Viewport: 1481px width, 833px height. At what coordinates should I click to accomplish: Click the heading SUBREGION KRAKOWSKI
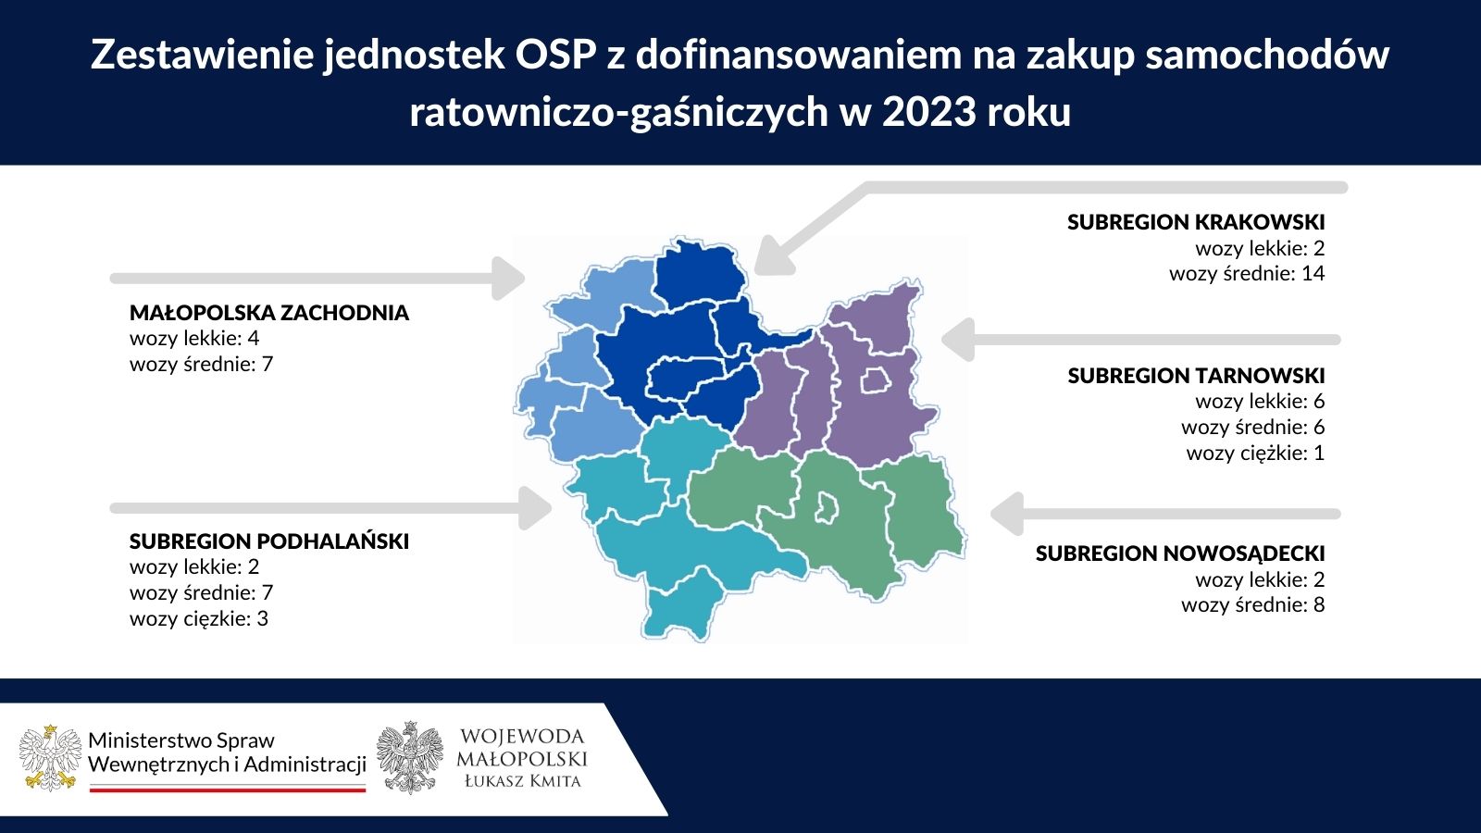[x=1195, y=222]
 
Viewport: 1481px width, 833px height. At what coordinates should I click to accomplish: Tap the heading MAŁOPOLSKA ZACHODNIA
[x=269, y=313]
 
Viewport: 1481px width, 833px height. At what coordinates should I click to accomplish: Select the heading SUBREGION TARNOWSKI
[x=1196, y=376]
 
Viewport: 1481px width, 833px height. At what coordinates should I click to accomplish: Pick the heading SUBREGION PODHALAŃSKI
[x=269, y=541]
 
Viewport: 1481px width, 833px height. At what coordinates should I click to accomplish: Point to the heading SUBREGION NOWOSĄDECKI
[x=1180, y=553]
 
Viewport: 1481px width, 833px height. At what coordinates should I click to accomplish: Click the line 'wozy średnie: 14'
[x=1247, y=274]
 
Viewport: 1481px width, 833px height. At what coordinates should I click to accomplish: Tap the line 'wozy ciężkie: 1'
[x=1255, y=454]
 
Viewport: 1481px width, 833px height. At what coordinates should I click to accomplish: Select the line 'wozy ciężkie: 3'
[x=199, y=619]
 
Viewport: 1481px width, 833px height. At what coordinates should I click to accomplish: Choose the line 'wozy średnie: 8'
[x=1253, y=605]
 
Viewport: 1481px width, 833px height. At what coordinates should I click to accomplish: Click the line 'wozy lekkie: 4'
[x=194, y=339]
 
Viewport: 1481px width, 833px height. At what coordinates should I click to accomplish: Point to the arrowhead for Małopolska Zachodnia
[x=508, y=279]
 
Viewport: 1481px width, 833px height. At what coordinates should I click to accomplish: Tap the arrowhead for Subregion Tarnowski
[x=958, y=339]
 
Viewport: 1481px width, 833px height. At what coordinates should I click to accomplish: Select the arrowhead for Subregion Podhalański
[x=535, y=508]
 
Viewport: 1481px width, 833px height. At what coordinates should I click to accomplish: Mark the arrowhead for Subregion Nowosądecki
[x=1007, y=514]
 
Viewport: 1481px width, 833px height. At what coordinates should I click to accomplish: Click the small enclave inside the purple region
[x=876, y=380]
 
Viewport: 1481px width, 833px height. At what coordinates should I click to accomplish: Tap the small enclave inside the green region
[x=827, y=508]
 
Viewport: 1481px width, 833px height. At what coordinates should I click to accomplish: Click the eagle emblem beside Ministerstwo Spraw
[x=51, y=758]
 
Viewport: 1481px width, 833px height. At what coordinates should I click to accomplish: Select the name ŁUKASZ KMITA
[x=522, y=781]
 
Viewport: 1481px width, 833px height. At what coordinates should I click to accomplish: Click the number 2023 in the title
[x=929, y=112]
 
